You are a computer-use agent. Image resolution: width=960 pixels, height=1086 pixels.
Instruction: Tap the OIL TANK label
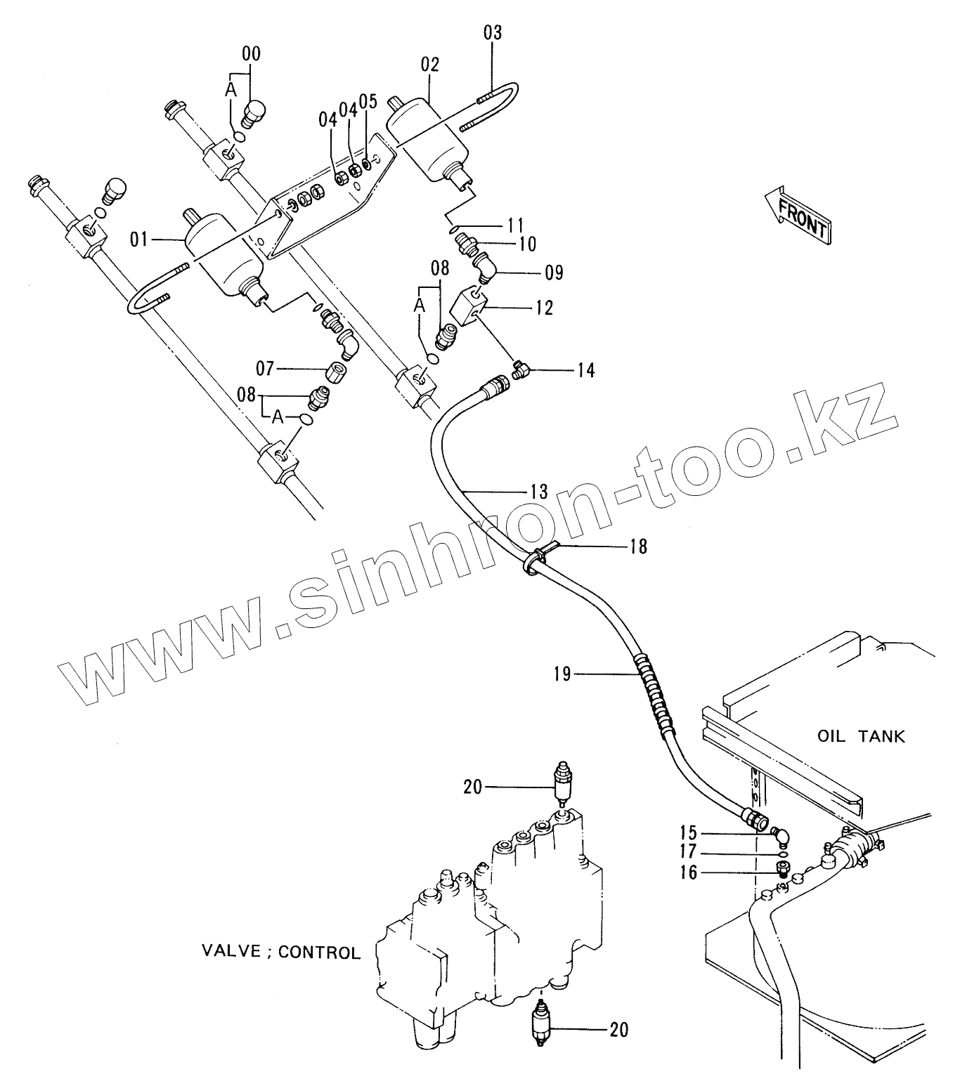pyautogui.click(x=861, y=737)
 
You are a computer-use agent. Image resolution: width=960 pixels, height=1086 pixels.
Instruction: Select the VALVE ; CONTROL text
pyautogui.click(x=281, y=953)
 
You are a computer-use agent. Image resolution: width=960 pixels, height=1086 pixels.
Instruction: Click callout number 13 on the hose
pyautogui.click(x=538, y=491)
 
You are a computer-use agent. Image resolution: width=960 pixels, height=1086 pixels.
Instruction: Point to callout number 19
pyautogui.click(x=562, y=675)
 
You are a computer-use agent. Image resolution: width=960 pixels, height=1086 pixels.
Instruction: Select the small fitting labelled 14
pyautogui.click(x=521, y=368)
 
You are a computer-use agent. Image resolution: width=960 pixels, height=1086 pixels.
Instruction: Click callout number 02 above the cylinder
pyautogui.click(x=430, y=65)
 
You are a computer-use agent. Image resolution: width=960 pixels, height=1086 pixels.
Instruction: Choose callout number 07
pyautogui.click(x=264, y=368)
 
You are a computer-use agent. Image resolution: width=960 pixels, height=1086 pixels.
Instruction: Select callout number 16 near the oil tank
pyautogui.click(x=689, y=872)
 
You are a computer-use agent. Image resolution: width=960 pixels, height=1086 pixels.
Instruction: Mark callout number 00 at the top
pyautogui.click(x=251, y=53)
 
